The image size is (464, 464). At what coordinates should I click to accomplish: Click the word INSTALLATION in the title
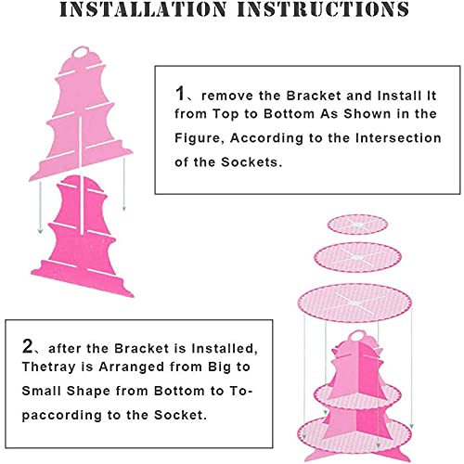143,9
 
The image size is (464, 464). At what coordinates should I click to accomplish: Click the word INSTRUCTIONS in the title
323,9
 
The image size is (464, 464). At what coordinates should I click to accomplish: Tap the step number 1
180,93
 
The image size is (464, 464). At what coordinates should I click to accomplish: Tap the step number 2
28,346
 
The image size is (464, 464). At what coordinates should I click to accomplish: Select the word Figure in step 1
200,138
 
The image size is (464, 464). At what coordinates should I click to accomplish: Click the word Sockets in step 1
250,162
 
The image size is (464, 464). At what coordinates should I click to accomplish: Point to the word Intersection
398,137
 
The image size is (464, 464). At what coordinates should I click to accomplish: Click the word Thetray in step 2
48,367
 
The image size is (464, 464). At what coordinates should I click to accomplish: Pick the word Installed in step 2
225,349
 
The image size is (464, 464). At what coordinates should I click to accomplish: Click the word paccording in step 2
61,416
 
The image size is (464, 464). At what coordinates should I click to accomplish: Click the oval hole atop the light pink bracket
82,53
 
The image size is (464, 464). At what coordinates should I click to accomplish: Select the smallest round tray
357,225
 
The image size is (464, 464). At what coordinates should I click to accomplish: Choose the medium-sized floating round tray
357,257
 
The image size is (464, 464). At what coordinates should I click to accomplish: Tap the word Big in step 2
219,367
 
